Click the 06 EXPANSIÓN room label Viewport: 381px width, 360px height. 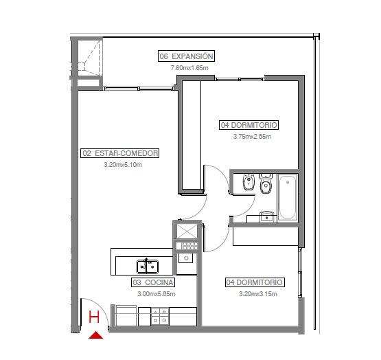(186, 56)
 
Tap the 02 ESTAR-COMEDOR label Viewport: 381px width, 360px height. (119, 153)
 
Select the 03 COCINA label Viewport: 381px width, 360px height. (153, 282)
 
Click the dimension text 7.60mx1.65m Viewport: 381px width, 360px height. (189, 68)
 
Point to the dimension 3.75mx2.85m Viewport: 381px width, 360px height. (252, 137)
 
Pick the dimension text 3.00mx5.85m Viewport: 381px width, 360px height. (157, 294)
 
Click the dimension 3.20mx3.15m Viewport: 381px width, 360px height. (258, 294)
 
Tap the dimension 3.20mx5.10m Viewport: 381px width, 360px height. (123, 165)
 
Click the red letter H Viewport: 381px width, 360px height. (94, 317)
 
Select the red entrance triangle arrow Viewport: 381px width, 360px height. (95, 335)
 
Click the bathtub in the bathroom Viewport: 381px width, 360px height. (288, 197)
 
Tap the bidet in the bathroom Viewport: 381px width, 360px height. (249, 182)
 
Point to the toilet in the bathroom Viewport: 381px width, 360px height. (266, 183)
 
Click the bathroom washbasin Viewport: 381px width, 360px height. (266, 216)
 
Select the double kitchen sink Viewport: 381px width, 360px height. (148, 267)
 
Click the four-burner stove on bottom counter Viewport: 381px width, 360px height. (160, 317)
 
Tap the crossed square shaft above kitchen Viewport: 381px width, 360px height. (187, 231)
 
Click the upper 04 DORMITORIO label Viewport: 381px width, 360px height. (249, 125)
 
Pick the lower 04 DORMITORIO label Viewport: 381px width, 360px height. (255, 282)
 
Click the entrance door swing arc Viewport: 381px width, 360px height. (101, 304)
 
